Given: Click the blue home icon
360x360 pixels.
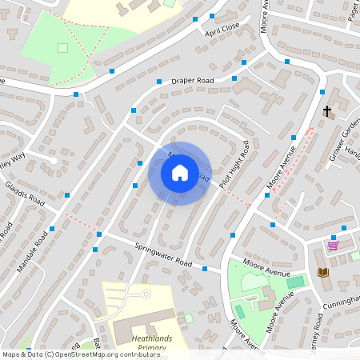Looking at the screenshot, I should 179,173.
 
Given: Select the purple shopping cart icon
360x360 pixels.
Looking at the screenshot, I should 333,245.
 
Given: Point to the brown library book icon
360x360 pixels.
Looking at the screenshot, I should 323,273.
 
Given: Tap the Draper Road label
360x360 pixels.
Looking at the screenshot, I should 193,81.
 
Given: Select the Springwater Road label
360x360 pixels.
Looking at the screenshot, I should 164,255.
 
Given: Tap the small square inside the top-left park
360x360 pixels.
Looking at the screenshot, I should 63,47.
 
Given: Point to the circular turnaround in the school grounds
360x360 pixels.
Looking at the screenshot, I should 146,294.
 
